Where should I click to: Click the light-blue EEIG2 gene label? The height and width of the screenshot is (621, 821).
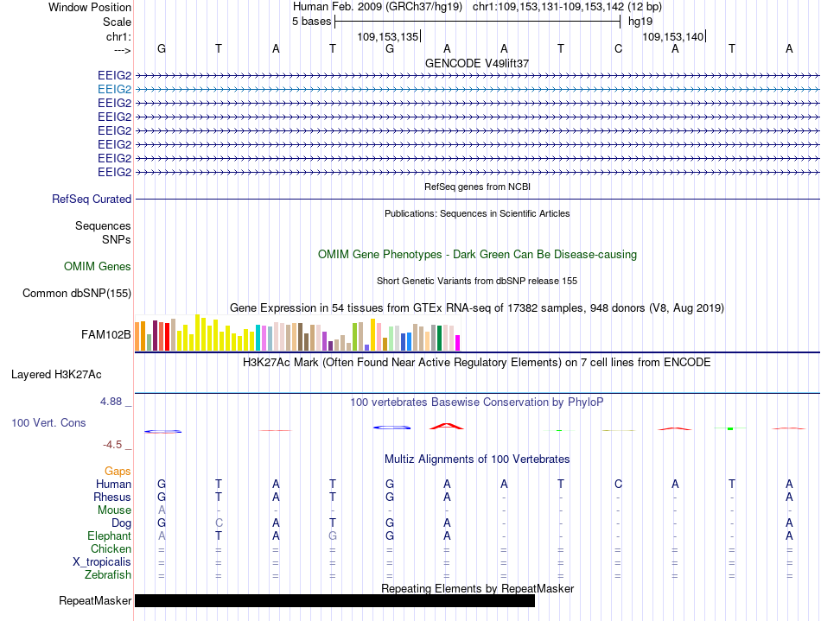[x=115, y=90]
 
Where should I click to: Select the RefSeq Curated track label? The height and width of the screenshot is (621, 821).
[x=92, y=200]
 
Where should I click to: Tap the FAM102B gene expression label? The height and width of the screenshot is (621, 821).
[x=105, y=335]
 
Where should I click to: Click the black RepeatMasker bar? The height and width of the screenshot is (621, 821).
[x=334, y=600]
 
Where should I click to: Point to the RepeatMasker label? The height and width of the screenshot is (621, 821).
[x=95, y=600]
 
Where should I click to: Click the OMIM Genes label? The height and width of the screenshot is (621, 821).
[x=98, y=267]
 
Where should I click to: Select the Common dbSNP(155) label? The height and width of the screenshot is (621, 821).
[x=76, y=294]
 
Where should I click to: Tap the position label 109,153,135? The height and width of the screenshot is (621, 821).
[x=388, y=37]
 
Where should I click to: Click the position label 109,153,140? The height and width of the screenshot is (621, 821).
[x=673, y=37]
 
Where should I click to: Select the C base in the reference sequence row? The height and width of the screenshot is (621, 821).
[x=618, y=49]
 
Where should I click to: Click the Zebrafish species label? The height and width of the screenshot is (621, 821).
[x=108, y=575]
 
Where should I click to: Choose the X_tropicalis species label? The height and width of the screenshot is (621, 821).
[x=102, y=562]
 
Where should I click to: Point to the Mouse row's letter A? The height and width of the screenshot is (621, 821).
[x=162, y=510]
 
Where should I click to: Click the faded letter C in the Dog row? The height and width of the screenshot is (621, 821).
[x=219, y=523]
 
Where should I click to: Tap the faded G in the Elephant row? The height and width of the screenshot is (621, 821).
[x=333, y=536]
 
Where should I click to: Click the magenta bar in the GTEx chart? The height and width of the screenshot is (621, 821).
[x=458, y=343]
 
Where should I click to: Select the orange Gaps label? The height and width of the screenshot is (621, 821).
[x=118, y=472]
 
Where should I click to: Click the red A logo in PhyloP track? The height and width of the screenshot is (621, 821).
[x=447, y=427]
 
